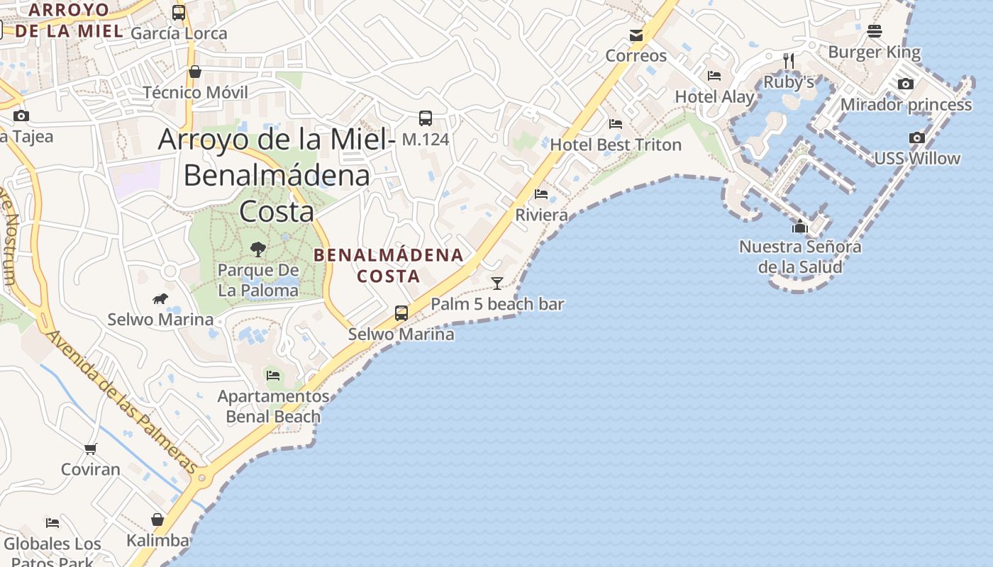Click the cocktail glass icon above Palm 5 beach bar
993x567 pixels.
(x=497, y=283)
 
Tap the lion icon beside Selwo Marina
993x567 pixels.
(x=160, y=299)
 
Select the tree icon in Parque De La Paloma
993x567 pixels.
(x=258, y=249)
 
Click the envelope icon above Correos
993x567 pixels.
(x=636, y=35)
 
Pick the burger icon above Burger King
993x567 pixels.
(x=874, y=31)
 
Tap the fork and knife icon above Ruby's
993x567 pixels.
(x=788, y=61)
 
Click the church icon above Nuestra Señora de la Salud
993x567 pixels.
(x=800, y=226)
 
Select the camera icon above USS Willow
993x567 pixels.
(x=917, y=138)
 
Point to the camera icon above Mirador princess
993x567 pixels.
(x=905, y=84)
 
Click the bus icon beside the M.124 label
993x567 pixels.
(x=426, y=118)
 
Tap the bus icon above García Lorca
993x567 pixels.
(x=179, y=13)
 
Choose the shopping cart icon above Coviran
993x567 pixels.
(x=90, y=449)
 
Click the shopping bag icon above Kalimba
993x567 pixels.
(x=157, y=520)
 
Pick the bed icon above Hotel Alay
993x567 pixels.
(x=714, y=76)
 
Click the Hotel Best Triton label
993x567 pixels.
(x=616, y=145)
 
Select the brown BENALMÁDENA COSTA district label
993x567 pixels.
(x=388, y=265)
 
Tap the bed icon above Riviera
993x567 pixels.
(x=541, y=193)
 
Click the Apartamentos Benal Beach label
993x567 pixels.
(x=273, y=406)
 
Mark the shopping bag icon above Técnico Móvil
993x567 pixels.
(x=195, y=72)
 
